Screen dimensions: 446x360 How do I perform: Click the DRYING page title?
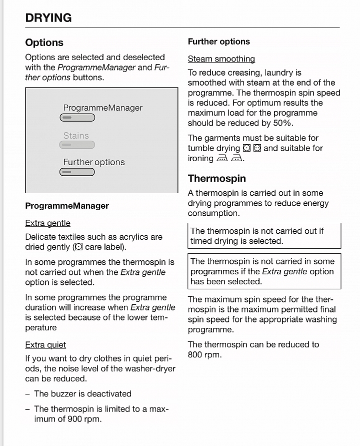[48, 18]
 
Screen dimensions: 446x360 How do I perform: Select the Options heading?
[44, 43]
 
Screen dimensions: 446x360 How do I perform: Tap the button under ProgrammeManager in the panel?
[77, 118]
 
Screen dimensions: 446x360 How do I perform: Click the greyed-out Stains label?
[76, 136]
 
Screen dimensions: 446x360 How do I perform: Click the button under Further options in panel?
[77, 172]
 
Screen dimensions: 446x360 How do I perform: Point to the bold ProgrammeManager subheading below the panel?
[67, 206]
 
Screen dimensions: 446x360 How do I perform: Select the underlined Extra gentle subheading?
[48, 223]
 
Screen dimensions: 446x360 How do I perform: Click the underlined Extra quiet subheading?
[45, 345]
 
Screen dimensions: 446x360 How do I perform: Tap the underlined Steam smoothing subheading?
[221, 59]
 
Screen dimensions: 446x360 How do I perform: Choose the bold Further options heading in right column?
[219, 42]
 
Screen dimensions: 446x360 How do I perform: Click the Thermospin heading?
[217, 178]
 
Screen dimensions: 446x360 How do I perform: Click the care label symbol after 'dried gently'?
[78, 247]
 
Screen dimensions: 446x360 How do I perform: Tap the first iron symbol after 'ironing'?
[222, 159]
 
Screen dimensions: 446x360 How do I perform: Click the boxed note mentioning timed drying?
[264, 236]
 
